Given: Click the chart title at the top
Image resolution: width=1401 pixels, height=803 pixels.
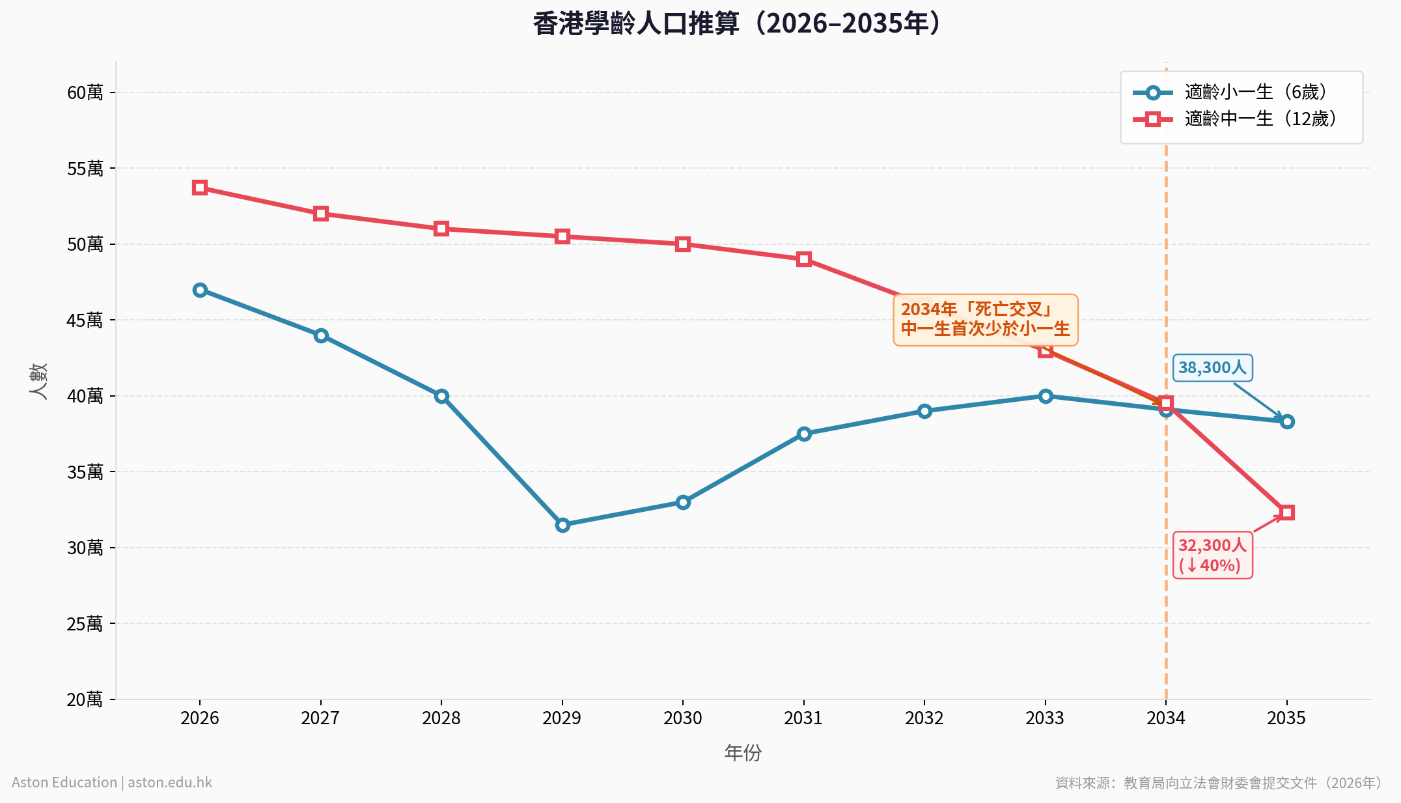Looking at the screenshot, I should [x=737, y=23].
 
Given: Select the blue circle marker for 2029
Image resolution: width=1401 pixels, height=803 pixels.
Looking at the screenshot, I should [x=562, y=525].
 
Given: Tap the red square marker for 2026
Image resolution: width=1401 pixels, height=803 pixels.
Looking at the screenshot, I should [x=200, y=188].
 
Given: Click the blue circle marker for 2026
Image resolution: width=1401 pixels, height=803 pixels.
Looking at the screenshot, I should [x=200, y=290].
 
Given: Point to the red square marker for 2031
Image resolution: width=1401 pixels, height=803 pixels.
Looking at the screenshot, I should [x=804, y=259].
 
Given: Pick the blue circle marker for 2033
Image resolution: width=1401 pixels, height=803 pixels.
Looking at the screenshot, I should [x=1046, y=396].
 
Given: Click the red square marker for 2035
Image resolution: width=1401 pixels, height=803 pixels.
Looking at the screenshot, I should [x=1287, y=513].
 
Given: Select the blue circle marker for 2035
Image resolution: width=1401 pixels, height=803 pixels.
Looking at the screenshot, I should [x=1287, y=421].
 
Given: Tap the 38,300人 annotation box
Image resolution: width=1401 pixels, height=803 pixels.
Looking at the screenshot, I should [x=1212, y=368].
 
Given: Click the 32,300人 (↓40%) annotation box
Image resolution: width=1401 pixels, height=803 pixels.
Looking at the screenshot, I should [x=1212, y=555].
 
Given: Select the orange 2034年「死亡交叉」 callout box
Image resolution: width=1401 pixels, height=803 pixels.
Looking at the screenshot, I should [x=985, y=319].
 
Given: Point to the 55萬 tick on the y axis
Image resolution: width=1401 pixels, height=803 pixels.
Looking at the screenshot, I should [x=85, y=169].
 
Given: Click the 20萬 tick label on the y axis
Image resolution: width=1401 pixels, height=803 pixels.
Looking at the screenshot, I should [x=85, y=699].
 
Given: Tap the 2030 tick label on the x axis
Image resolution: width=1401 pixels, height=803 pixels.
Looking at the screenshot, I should [x=683, y=718].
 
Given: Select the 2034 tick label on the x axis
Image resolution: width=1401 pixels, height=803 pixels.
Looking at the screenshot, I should [x=1166, y=718].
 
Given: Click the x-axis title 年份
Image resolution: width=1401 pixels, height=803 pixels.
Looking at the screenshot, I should [x=743, y=753].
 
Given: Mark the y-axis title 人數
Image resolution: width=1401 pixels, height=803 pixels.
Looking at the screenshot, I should [x=39, y=381].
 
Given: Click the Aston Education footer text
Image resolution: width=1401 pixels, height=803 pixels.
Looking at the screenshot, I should [x=112, y=782].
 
